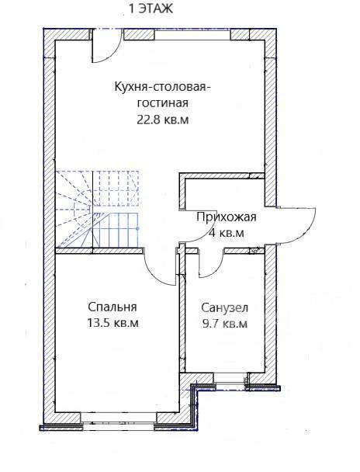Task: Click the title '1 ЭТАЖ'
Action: tap(151, 9)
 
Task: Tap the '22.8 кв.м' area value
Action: tap(163, 120)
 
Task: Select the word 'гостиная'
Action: tap(163, 103)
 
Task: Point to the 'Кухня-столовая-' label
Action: tap(163, 87)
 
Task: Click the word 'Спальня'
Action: tap(112, 307)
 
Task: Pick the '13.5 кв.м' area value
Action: tap(112, 323)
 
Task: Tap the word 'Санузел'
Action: tap(225, 308)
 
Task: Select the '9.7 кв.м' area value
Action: tap(225, 324)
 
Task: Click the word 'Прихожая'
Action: tap(227, 217)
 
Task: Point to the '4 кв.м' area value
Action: tap(227, 233)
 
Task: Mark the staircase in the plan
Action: tap(98, 209)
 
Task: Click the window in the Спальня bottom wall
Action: tap(119, 418)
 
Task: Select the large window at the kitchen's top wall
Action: tap(192, 34)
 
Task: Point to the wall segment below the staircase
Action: tap(99, 251)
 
